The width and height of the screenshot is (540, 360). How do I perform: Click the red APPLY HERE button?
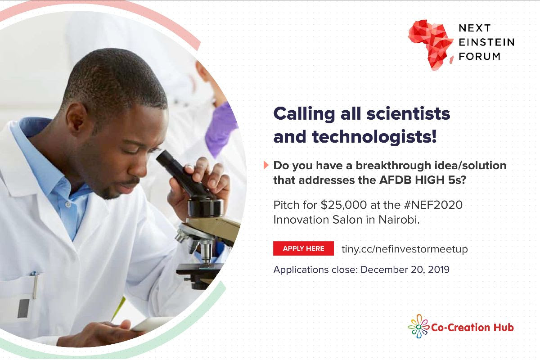[x=303, y=248]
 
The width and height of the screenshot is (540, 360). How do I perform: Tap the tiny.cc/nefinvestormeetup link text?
[x=405, y=249]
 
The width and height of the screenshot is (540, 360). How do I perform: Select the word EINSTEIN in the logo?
[x=486, y=42]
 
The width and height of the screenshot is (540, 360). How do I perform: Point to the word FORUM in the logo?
[x=480, y=56]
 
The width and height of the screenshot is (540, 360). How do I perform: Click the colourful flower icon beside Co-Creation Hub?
[x=418, y=326]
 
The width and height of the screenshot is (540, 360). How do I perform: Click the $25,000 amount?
[x=344, y=205]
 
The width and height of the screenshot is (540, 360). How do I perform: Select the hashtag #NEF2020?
[x=433, y=205]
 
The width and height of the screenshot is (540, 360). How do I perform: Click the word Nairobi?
[x=399, y=220]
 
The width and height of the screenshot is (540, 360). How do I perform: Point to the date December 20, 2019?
[x=405, y=270]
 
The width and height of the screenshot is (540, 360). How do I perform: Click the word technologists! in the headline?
[x=374, y=137]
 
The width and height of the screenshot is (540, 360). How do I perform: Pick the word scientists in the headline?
[x=408, y=113]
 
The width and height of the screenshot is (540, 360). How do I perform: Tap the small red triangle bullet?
[x=266, y=165]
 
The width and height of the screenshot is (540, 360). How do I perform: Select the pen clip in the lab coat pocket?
[x=36, y=287]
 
